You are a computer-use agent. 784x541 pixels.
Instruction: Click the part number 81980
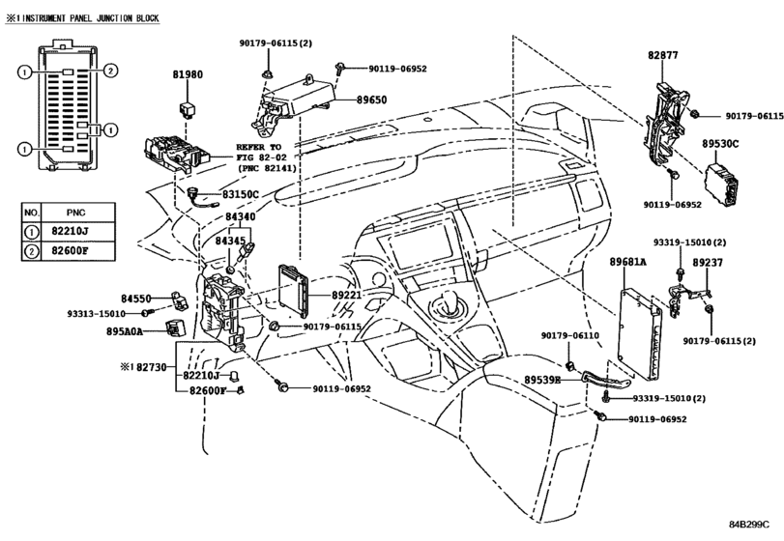tap(188, 74)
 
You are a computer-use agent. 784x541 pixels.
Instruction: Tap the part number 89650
tap(371, 100)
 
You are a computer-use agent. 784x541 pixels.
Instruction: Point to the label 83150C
tap(241, 194)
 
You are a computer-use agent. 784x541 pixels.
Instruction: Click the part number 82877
tap(663, 55)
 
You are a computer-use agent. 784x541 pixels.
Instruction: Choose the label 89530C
tap(720, 144)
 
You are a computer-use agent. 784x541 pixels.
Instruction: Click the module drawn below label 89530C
tap(722, 185)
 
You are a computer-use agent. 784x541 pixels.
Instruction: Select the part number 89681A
tap(627, 262)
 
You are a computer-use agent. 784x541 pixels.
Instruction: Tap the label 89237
tap(708, 262)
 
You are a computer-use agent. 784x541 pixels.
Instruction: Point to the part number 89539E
tap(542, 380)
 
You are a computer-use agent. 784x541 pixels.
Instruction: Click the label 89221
tap(346, 296)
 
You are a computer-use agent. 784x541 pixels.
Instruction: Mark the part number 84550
tap(136, 299)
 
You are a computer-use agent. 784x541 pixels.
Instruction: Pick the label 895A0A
tap(125, 331)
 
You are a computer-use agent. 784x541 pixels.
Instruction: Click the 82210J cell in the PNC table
tap(70, 232)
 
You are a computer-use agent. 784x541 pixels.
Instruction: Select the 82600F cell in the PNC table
tap(70, 251)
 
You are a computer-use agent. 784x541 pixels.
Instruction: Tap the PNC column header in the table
tap(75, 213)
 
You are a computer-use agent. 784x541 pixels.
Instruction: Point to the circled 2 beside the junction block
tap(110, 71)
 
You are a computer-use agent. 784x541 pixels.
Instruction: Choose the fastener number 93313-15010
tap(96, 314)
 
